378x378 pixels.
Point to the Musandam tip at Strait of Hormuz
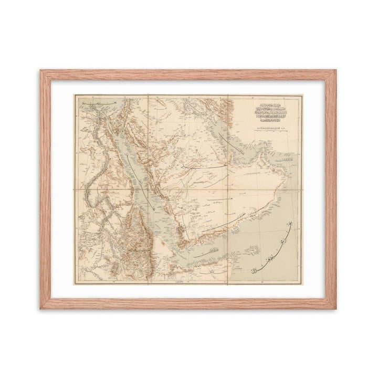pos(274,148)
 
